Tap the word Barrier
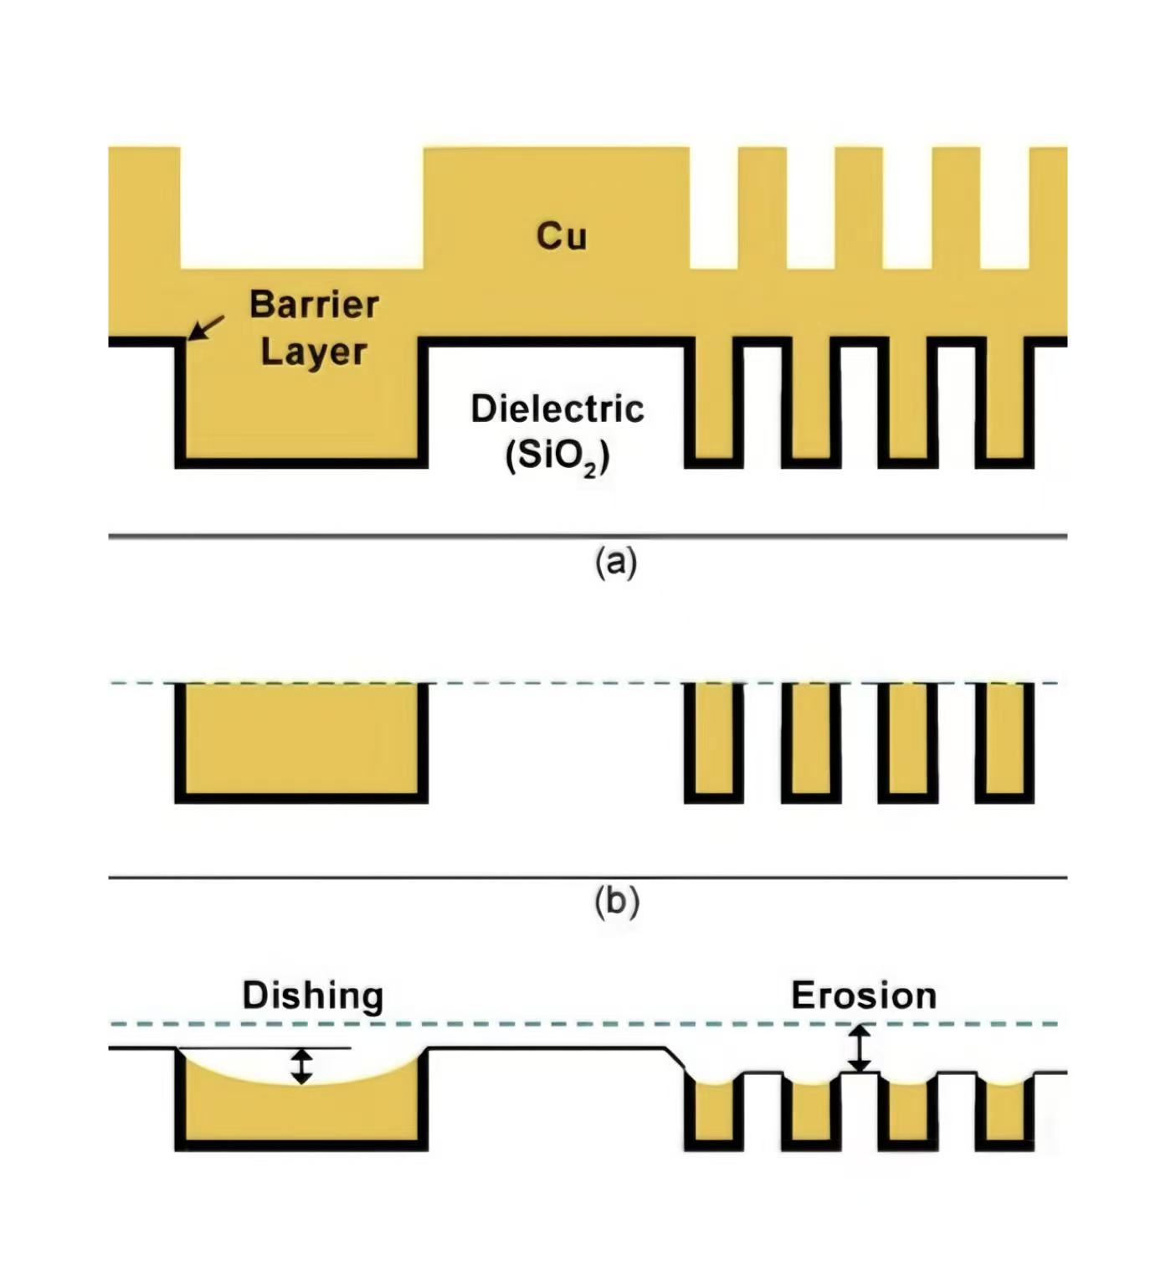(314, 304)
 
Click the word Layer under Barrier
(314, 352)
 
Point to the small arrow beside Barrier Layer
(206, 327)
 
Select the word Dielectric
(557, 409)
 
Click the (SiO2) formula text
(557, 456)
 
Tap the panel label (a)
(616, 562)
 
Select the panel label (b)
(616, 902)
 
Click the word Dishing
(313, 995)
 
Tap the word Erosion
(864, 995)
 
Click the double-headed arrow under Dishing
(301, 1066)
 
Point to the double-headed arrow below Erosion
(859, 1049)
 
